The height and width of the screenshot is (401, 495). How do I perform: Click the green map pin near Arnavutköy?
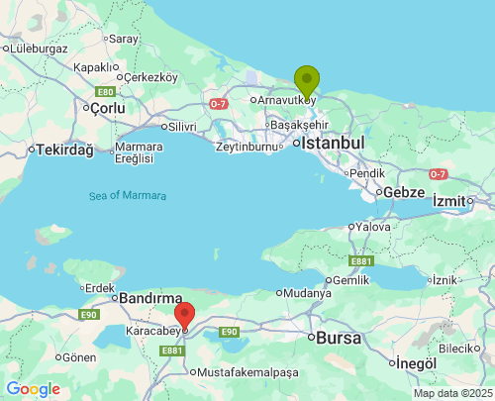click(x=307, y=80)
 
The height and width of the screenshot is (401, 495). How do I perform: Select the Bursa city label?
click(x=340, y=337)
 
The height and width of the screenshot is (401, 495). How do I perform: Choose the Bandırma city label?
click(x=150, y=297)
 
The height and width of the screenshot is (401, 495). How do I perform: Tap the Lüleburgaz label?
click(x=38, y=48)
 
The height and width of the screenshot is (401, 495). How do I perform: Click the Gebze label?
click(x=404, y=192)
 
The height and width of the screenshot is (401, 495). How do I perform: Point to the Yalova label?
click(x=373, y=227)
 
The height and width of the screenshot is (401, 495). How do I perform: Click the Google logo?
click(x=33, y=389)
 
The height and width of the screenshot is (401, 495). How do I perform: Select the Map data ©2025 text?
click(x=451, y=393)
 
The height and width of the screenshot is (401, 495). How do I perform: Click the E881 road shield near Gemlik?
click(x=361, y=261)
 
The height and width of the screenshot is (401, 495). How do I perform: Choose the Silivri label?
click(x=181, y=127)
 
